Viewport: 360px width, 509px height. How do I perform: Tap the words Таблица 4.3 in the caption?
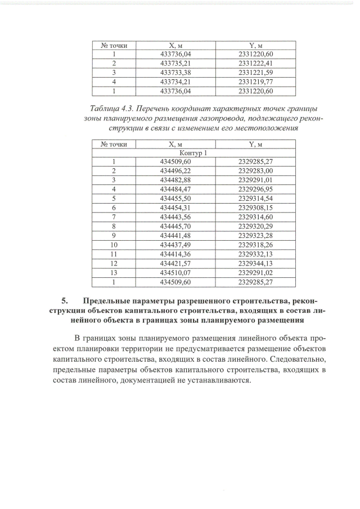pyautogui.click(x=115, y=107)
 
